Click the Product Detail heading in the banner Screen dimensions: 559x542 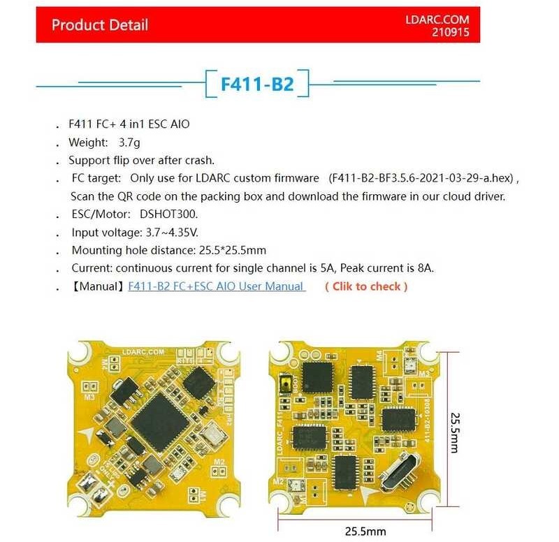(100, 25)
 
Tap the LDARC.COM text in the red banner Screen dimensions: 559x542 (437, 20)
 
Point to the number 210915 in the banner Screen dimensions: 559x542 (451, 33)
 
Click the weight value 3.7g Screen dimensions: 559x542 (131, 142)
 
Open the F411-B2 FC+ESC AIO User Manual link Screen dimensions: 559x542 (216, 286)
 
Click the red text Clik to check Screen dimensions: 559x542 (366, 286)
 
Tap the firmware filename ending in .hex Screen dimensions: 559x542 (423, 178)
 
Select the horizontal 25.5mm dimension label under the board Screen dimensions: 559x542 (364, 531)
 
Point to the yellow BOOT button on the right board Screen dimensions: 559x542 (285, 382)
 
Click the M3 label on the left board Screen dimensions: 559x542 (89, 397)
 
